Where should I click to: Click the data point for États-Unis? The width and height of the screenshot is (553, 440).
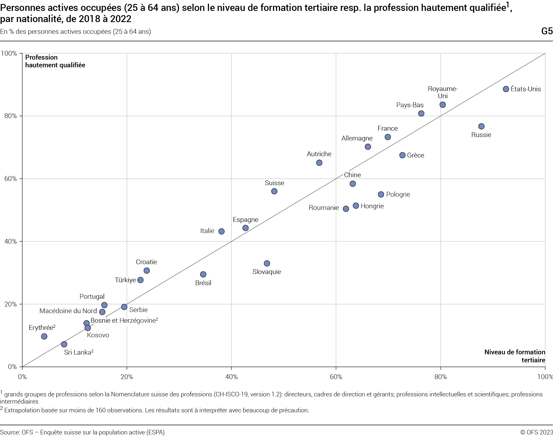tap(506, 89)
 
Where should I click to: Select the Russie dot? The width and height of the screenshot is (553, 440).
tap(481, 126)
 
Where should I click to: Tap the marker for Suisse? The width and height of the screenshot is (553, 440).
tap(274, 191)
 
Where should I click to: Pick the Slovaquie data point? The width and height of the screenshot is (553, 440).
tap(267, 263)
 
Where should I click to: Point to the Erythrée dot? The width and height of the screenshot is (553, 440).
tap(44, 337)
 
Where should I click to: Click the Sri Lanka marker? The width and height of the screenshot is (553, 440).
tap(64, 344)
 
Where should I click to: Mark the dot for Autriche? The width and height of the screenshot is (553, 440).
tap(319, 163)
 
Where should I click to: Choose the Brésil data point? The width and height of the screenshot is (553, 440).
tap(203, 274)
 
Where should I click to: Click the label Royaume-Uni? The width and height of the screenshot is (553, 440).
tap(443, 92)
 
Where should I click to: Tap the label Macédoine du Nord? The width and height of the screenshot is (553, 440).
tap(68, 311)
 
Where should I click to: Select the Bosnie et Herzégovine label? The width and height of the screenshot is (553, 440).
tap(124, 321)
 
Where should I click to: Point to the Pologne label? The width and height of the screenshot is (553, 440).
tap(398, 194)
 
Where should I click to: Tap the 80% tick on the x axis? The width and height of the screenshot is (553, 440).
tap(440, 377)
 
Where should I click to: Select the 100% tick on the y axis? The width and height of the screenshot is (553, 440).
tap(9, 53)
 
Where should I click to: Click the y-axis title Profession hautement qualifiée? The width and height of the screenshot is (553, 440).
tap(55, 61)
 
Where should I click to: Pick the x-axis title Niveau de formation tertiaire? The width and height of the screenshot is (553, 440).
tap(515, 356)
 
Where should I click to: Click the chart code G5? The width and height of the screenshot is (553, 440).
tap(547, 31)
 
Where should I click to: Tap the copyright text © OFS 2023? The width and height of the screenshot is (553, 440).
tap(537, 432)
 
